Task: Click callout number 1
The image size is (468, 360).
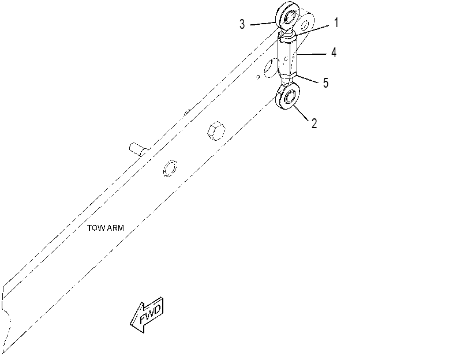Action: (336, 22)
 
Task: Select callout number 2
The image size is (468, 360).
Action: (314, 123)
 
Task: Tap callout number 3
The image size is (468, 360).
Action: (242, 24)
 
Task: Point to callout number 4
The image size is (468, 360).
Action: (334, 52)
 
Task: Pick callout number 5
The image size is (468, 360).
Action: (325, 82)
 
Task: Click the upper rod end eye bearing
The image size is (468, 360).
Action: (287, 16)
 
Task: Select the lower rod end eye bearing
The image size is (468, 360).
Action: (287, 96)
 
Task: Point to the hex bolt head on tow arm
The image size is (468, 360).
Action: (216, 131)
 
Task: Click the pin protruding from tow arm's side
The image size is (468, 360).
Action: (137, 149)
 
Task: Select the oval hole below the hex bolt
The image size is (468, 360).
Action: (170, 168)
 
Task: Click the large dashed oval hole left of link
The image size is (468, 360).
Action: (270, 68)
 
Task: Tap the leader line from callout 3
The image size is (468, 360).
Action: (263, 24)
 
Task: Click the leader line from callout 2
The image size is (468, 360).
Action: (301, 113)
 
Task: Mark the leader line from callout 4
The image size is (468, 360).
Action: (312, 54)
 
